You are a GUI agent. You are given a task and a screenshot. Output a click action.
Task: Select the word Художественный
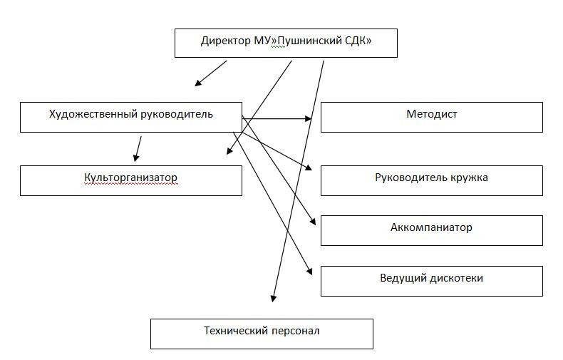[x=93, y=115]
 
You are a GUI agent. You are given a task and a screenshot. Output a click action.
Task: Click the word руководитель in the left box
[x=177, y=115]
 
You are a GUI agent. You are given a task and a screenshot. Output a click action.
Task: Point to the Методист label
[x=432, y=115]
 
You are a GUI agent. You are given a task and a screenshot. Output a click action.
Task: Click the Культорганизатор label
[x=130, y=178]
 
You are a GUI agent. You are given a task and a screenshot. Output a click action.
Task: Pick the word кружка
[x=470, y=178]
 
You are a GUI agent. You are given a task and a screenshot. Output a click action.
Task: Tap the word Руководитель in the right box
[x=411, y=178]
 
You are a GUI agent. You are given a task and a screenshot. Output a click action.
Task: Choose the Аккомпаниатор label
[x=431, y=227]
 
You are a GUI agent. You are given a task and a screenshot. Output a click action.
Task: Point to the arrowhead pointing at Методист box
[x=308, y=118]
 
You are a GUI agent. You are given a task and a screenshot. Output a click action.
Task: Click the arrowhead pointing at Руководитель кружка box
[x=309, y=168]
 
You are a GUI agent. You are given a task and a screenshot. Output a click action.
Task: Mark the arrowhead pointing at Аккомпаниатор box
[x=312, y=221]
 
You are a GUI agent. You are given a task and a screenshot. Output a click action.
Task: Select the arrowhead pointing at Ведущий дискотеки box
[x=309, y=272]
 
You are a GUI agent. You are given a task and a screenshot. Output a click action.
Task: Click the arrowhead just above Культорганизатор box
[x=136, y=158]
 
